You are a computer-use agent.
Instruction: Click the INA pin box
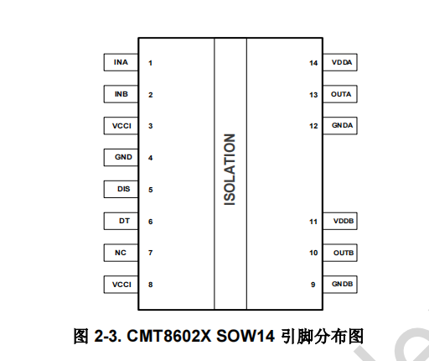121,62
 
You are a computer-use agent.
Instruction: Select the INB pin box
121,94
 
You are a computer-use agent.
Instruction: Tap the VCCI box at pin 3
121,126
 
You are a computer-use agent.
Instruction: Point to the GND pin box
121,157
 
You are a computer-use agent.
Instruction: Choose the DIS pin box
121,189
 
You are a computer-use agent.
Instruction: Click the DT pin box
121,221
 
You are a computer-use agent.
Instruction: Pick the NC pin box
121,253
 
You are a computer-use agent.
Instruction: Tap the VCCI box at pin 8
121,285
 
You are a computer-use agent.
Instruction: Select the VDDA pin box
340,62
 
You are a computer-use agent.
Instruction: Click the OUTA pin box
340,94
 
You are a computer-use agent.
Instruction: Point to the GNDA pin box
340,126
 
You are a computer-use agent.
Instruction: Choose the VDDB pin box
340,221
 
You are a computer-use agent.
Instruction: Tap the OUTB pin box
340,253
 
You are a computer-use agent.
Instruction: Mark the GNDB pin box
340,285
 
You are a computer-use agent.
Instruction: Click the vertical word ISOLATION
230,170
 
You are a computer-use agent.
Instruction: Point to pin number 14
313,63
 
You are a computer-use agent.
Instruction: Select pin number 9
313,285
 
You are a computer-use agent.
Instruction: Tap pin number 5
151,190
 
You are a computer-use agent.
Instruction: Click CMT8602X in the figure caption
169,336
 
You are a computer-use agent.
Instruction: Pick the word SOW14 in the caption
246,336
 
